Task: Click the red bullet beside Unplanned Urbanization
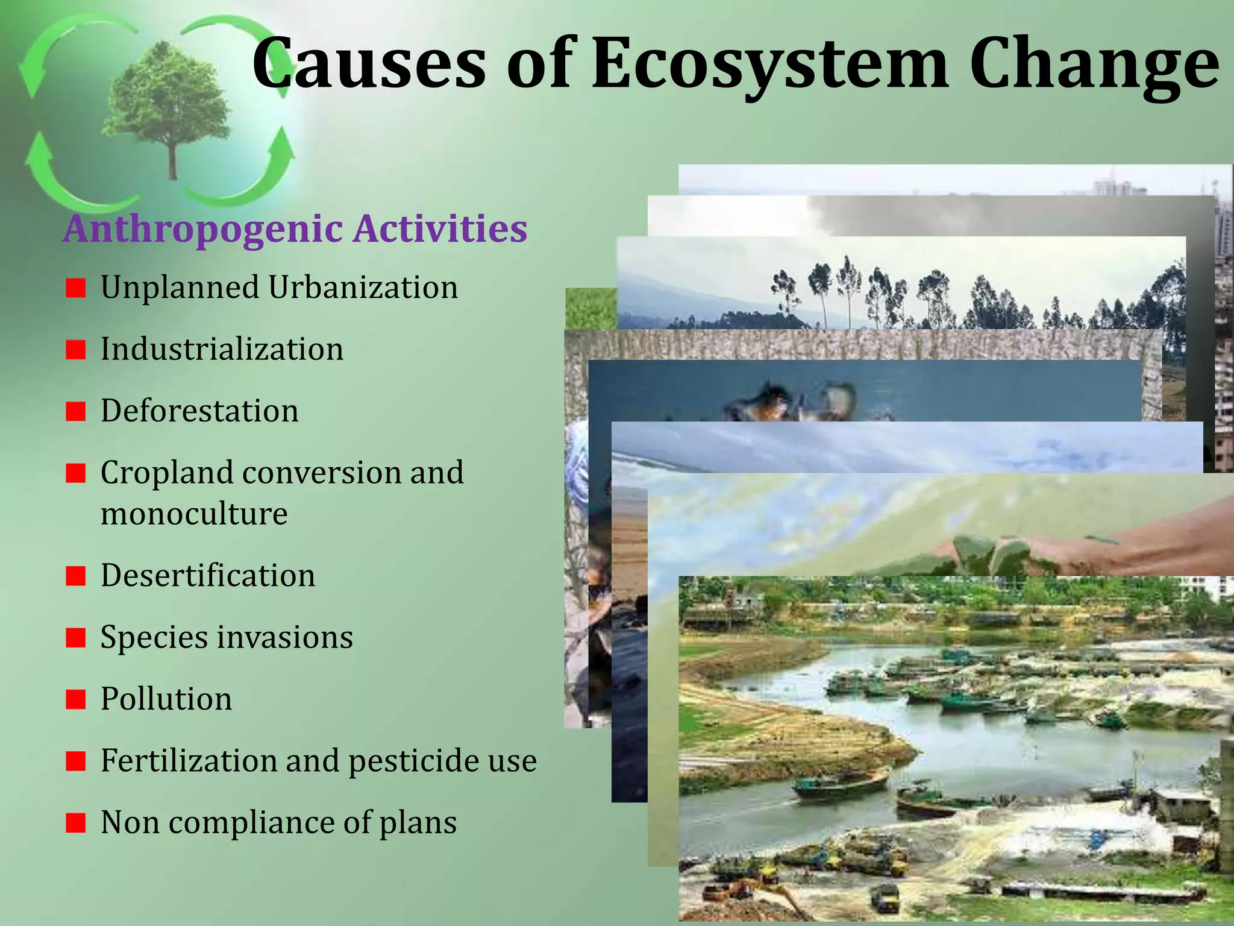[76, 288]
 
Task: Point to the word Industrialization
[222, 349]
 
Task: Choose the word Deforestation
[199, 411]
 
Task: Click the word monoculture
[194, 514]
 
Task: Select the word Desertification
[208, 575]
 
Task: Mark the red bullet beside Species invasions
[76, 637]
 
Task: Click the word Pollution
[166, 699]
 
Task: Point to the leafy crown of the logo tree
[166, 90]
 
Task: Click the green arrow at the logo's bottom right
[265, 169]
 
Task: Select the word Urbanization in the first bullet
[363, 288]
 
